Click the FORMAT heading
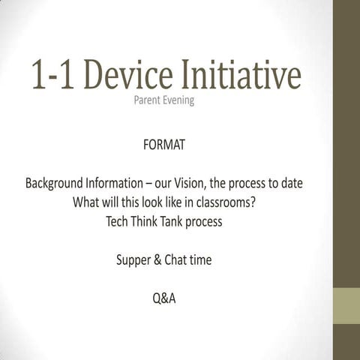(x=163, y=144)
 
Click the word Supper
(x=133, y=261)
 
